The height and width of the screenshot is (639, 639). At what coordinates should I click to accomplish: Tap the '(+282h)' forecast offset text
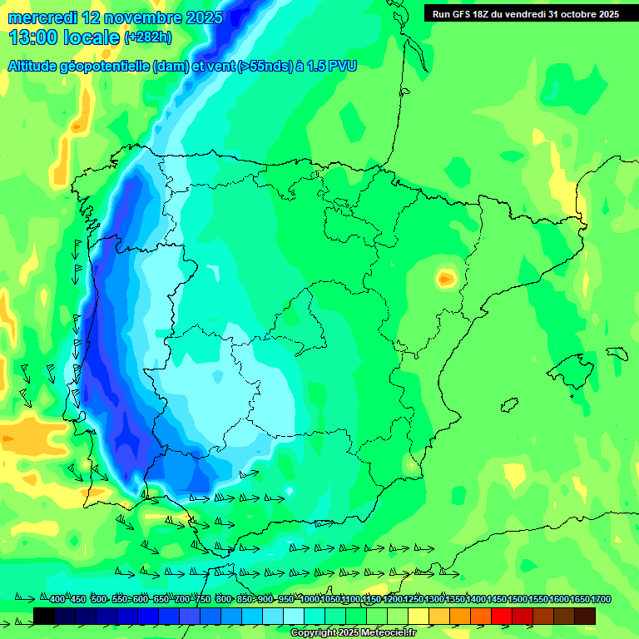pos(147,37)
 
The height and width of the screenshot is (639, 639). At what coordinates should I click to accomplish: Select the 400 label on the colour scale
pos(57,600)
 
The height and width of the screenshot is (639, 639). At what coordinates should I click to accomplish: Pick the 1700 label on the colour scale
pos(601,600)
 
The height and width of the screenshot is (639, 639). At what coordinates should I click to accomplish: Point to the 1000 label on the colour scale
pos(310,600)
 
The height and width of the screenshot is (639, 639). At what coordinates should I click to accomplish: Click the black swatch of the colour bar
pos(44,616)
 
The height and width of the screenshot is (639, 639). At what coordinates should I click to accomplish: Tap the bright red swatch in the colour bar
pos(501,616)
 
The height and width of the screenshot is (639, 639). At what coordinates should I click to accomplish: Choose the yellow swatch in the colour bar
pos(418,616)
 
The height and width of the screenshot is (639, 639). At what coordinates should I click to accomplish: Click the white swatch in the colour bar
pos(293,616)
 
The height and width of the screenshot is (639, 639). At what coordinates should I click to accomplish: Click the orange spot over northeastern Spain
pos(448,278)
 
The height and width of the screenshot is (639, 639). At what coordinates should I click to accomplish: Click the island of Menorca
pos(617,353)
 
